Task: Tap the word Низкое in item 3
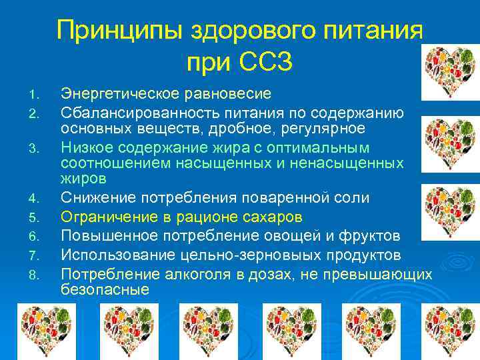(85, 147)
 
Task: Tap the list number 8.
(39, 273)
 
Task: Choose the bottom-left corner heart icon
(42, 329)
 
